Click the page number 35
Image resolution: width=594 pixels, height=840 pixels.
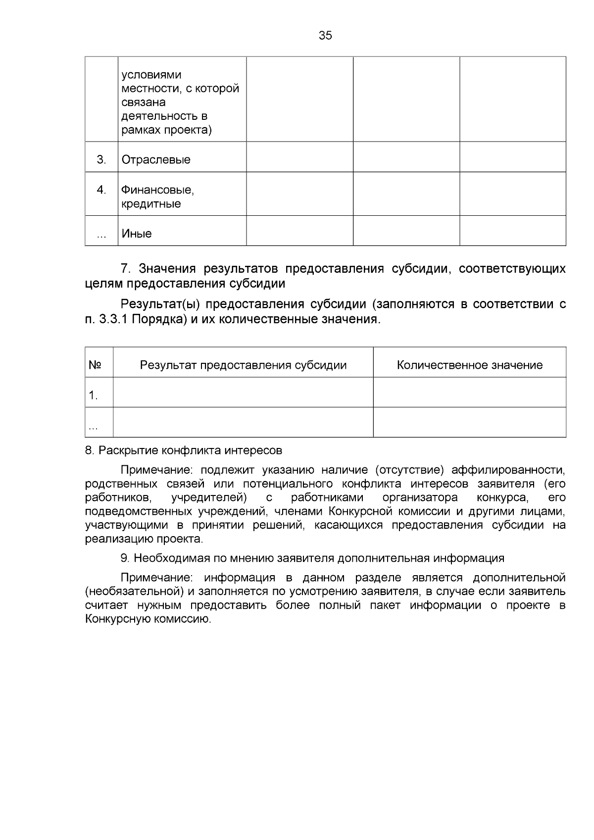325,36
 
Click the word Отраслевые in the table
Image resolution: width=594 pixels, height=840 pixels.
156,160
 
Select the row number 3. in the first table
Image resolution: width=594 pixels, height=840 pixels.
101,160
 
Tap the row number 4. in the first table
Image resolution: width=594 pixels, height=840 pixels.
101,190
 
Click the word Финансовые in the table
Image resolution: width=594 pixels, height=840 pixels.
157,190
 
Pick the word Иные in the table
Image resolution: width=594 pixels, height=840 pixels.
137,234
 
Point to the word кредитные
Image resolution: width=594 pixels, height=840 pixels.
151,204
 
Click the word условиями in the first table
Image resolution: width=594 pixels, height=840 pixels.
151,75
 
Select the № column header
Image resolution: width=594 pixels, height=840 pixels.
95,365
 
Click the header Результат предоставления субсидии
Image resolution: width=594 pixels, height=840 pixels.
243,365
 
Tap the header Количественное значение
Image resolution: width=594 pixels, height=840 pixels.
469,365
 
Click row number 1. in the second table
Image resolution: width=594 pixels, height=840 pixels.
93,395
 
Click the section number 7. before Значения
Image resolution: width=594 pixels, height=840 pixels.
126,269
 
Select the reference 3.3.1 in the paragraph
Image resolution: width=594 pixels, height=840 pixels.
113,319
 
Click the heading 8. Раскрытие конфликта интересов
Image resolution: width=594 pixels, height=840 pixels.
184,450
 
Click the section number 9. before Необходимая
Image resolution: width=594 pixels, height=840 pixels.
125,558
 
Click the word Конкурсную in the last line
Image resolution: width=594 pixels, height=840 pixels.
117,619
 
